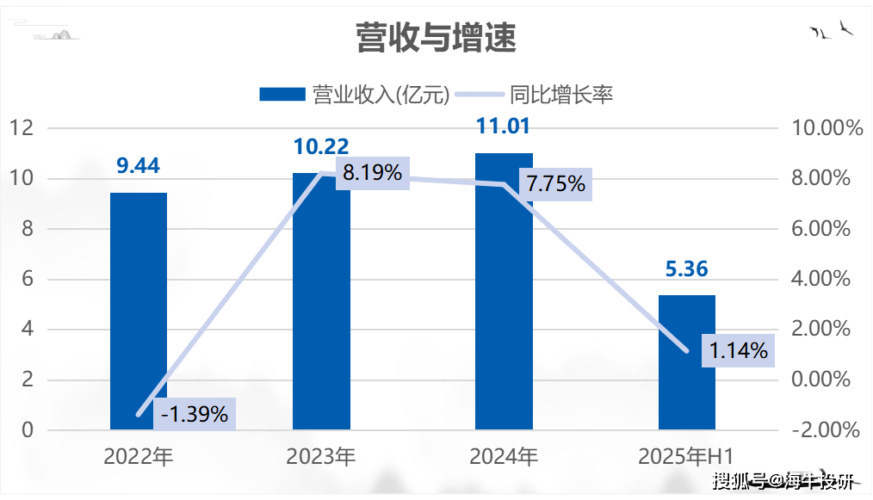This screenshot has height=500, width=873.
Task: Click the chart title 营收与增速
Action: coord(436,38)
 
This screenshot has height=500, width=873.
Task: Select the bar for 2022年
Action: coord(139,311)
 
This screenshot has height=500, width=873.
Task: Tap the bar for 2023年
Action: coord(321,301)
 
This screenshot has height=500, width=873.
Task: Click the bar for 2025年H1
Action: coord(686,362)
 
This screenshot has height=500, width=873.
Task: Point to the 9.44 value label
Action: coord(139,166)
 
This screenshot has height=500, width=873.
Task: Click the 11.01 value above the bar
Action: coord(504,127)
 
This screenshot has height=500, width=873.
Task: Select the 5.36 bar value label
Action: coord(686,269)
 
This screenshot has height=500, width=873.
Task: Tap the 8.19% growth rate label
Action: coord(372,173)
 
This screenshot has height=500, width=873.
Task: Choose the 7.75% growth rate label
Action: coord(555,183)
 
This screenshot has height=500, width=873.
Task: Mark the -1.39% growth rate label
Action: coord(195,415)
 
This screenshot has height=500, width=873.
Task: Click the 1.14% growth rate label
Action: coord(738,350)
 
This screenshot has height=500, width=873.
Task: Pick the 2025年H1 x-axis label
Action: coord(686,456)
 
